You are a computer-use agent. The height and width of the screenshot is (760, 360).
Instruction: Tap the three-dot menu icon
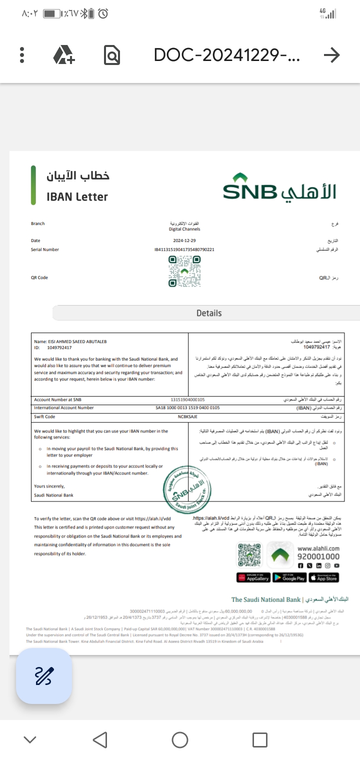pos(22,55)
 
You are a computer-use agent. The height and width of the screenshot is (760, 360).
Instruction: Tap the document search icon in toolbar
pos(112,55)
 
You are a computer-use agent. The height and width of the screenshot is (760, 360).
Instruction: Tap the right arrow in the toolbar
pos(331,55)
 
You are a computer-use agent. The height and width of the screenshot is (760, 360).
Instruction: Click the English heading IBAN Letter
pos(77,197)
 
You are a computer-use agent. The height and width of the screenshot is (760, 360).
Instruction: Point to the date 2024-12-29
pos(184,240)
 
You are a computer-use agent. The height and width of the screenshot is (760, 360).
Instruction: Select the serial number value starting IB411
pos(184,249)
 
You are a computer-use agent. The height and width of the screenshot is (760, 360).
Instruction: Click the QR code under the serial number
pos(184,271)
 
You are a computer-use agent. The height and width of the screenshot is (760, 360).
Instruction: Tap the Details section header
pos(208,313)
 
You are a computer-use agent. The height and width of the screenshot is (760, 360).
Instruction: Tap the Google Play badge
pos(289,577)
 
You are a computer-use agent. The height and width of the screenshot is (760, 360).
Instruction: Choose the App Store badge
pos(323,577)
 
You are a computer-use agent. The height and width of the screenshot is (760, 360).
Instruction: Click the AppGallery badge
pos(253,577)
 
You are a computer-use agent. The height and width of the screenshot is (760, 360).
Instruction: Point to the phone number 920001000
pos(318,556)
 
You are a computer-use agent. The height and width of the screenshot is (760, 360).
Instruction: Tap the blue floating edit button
pos(44,676)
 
